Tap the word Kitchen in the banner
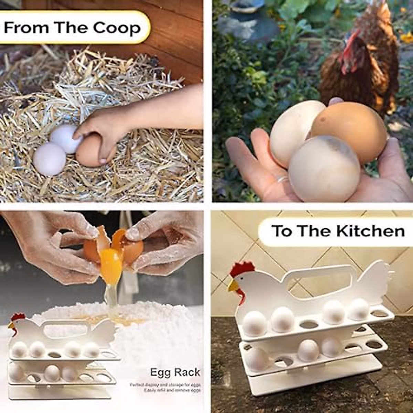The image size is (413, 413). point(370,231)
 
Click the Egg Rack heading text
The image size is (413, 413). point(175,372)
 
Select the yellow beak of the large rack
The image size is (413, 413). point(233,285)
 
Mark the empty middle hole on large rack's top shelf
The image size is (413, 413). point(309,324)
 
